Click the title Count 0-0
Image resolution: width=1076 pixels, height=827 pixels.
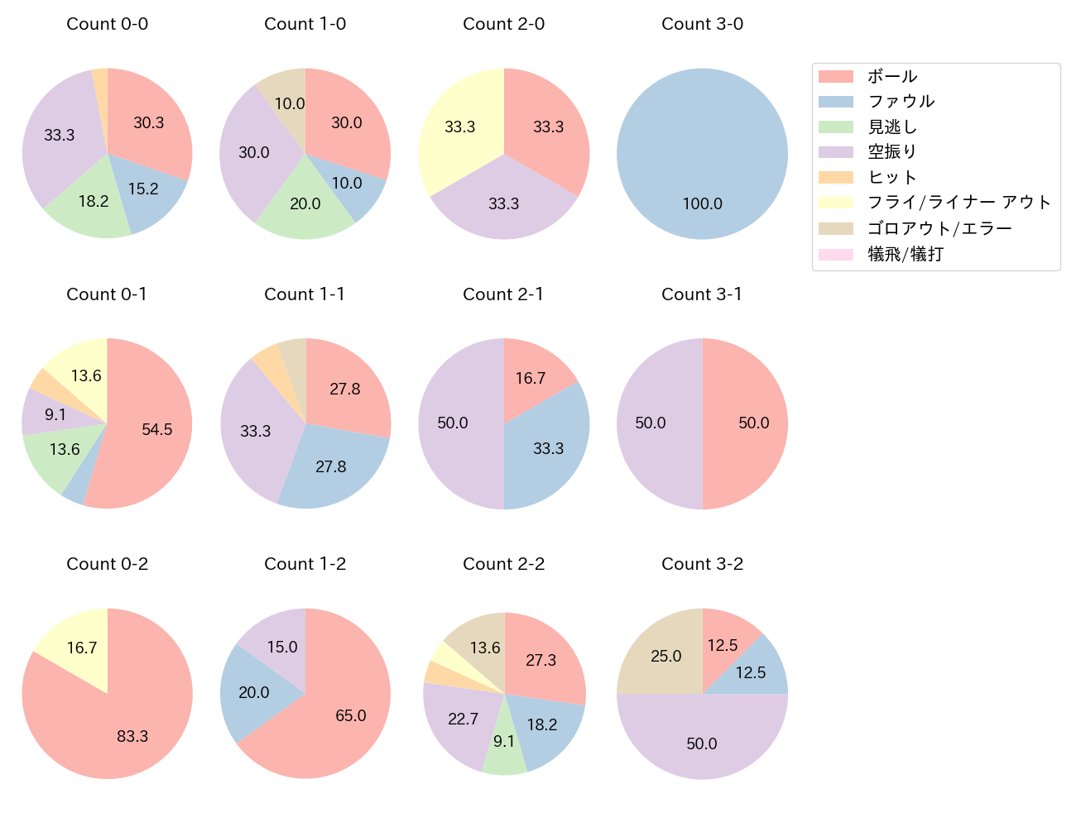pyautogui.click(x=107, y=24)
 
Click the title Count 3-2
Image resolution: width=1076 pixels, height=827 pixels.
pyautogui.click(x=702, y=564)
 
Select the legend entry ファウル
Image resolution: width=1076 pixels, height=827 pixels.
pyautogui.click(x=901, y=102)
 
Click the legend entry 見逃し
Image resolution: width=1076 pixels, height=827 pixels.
pyautogui.click(x=892, y=127)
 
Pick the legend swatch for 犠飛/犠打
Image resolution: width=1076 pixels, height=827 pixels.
pyautogui.click(x=835, y=254)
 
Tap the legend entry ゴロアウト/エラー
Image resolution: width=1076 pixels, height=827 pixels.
pyautogui.click(x=939, y=228)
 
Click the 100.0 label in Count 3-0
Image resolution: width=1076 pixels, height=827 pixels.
pyautogui.click(x=702, y=203)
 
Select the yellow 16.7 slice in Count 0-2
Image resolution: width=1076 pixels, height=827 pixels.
pyautogui.click(x=79, y=648)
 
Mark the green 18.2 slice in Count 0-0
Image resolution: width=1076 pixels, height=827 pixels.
pyautogui.click(x=93, y=203)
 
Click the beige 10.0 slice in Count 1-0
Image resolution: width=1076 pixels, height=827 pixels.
pyautogui.click(x=286, y=99)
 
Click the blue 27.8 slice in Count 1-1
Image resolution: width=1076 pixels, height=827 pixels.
pyautogui.click(x=331, y=467)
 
